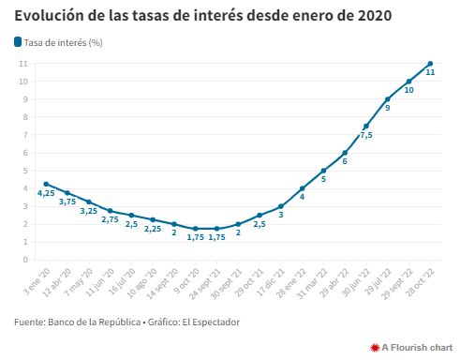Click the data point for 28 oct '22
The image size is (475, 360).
coord(430,64)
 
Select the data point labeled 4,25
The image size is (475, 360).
coord(46,184)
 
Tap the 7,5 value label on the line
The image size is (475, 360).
coord(366,135)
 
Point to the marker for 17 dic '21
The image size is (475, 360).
coord(281,206)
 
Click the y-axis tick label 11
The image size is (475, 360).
coord(23,64)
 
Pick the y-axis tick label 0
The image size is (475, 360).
coord(25,260)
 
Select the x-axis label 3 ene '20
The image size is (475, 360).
coord(37,282)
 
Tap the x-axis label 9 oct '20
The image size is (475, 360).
coord(186,281)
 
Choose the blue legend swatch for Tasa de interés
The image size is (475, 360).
coord(18,42)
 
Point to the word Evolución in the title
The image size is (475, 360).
coord(49,16)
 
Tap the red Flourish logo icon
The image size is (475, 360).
coord(375,348)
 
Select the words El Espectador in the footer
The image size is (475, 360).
coord(211,322)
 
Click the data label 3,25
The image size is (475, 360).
coord(89,211)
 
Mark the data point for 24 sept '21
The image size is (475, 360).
coord(216,229)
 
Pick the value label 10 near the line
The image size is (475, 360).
coord(408,90)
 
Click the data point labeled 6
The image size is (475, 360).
coord(345,153)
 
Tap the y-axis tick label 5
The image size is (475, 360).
coord(25,171)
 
